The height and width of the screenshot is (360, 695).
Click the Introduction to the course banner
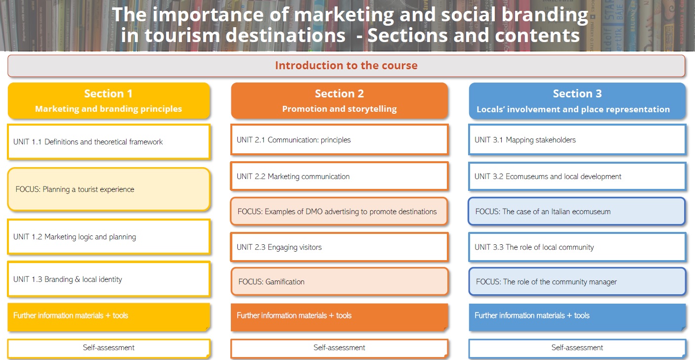point(346,66)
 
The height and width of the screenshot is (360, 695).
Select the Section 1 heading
point(109,100)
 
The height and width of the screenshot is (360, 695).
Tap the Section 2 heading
point(340,100)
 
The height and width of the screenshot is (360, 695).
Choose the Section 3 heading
point(577,101)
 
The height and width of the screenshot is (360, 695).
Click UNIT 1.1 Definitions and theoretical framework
point(109,142)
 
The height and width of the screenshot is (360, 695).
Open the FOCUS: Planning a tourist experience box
point(109,189)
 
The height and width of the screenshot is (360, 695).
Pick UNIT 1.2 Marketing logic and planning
point(109,237)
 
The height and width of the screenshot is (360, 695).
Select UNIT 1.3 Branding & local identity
point(109,279)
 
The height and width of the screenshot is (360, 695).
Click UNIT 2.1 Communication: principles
point(340,139)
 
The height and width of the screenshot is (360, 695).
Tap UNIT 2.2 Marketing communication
point(340,176)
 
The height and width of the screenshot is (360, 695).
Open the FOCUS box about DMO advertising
point(339,211)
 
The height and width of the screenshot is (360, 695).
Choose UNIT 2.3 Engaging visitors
point(340,247)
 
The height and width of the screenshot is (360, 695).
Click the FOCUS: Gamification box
point(340,281)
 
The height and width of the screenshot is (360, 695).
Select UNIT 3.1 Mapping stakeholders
point(577,139)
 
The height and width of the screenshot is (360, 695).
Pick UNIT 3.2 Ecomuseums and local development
point(577,176)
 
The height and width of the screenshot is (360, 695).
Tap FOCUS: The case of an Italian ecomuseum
point(577,211)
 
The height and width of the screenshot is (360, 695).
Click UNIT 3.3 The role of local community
point(577,247)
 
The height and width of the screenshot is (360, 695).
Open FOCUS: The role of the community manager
point(577,281)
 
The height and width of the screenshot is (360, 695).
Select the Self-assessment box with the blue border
point(577,348)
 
